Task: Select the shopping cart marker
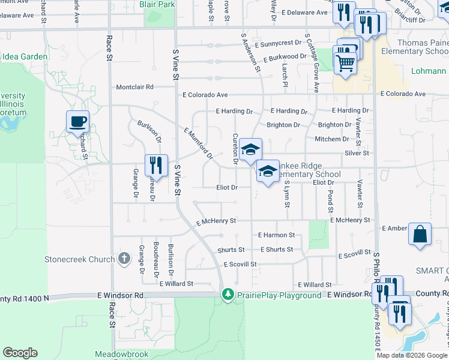click(345, 62)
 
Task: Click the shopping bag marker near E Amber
click(420, 235)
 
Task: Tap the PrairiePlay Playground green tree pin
click(228, 295)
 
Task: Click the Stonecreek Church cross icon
click(124, 259)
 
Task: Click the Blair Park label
click(157, 4)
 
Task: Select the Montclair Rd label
click(135, 86)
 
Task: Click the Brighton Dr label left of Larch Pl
click(283, 125)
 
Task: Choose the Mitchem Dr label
click(331, 139)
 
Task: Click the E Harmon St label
click(276, 235)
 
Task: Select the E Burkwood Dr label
click(285, 56)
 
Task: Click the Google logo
click(19, 353)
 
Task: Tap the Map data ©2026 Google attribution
click(412, 355)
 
